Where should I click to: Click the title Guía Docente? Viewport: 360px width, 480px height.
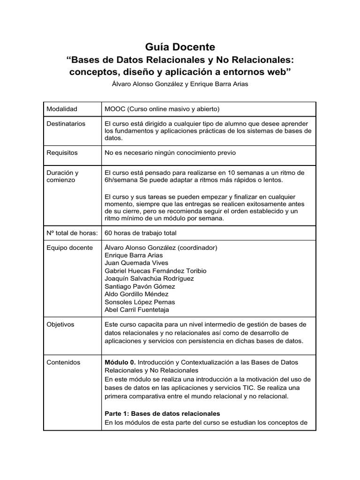tap(180, 47)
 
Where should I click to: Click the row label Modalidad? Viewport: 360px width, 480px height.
tap(62, 109)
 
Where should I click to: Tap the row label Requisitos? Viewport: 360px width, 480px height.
tap(62, 152)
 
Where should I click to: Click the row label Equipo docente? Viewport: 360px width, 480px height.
tap(70, 247)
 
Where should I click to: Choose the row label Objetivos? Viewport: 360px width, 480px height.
tap(60, 324)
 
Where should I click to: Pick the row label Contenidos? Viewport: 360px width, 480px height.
tap(63, 362)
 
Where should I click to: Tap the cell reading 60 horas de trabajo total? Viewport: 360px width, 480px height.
tap(141, 232)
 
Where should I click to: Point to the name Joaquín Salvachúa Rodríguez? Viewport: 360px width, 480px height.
tap(150, 278)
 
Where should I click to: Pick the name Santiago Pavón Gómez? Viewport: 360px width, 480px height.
tap(140, 286)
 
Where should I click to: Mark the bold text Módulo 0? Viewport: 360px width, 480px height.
tap(120, 362)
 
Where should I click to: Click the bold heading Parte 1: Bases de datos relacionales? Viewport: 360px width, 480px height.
tap(162, 413)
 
